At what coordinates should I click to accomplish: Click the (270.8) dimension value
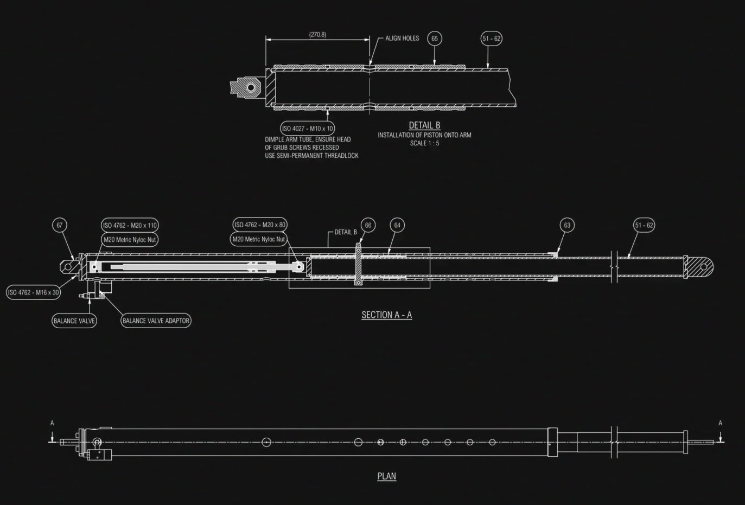317,35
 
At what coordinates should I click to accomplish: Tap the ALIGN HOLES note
402,39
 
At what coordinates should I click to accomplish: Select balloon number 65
435,39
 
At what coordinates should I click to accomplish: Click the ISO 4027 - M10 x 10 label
308,129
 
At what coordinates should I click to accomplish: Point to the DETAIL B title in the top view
424,125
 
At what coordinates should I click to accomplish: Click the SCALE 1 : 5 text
424,143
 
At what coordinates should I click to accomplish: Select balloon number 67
60,225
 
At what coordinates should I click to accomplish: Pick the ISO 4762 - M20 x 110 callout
130,225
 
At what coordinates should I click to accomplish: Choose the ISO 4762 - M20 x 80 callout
260,225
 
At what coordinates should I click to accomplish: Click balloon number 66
368,225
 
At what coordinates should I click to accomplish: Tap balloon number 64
397,225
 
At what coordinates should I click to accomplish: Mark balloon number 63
567,225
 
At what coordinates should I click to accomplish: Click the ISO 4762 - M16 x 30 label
34,292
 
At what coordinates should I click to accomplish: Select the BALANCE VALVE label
74,321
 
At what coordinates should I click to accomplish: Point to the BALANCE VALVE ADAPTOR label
156,321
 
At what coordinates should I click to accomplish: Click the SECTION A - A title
387,315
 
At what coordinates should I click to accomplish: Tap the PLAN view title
387,476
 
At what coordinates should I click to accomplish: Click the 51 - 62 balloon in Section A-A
644,225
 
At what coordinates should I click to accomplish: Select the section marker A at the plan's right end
721,423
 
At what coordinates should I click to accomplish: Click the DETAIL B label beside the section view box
346,232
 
